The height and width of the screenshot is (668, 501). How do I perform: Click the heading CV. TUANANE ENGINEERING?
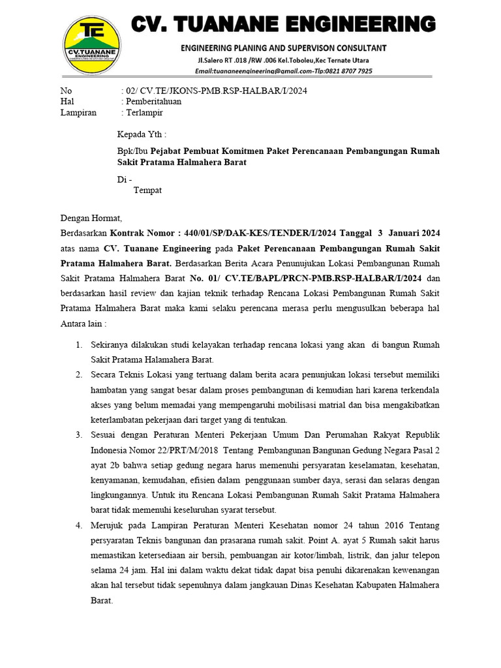(284, 24)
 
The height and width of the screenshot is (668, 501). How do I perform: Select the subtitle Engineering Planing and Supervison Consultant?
(284, 48)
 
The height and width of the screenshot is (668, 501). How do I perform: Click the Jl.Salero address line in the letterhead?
(284, 60)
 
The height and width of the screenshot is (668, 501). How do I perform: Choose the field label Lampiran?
(78, 112)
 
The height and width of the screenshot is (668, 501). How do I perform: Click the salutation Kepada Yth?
(141, 134)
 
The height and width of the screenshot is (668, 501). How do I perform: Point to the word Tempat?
(147, 190)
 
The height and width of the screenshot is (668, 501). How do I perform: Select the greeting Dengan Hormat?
(91, 219)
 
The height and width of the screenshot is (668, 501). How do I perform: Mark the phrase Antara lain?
(82, 324)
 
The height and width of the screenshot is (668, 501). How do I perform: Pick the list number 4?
(78, 525)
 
